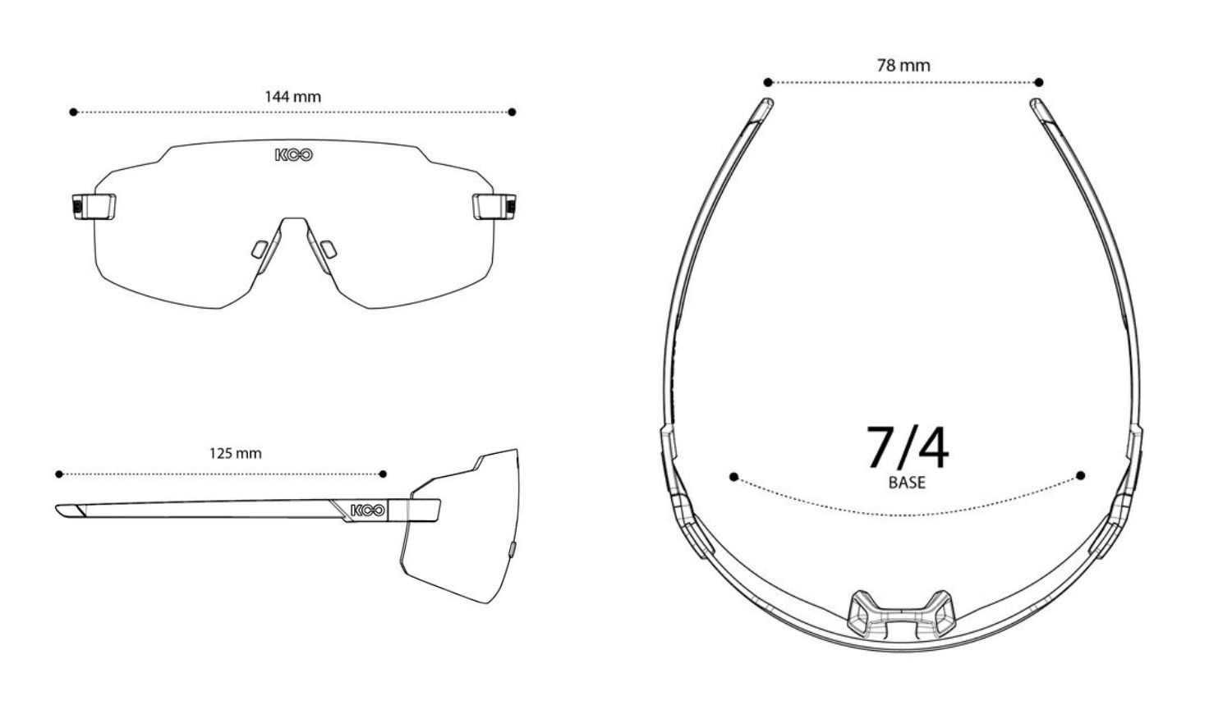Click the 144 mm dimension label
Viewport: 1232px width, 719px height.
(292, 97)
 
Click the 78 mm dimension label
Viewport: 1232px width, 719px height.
(903, 66)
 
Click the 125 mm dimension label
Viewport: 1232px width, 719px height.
(236, 454)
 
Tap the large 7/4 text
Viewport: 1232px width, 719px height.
(908, 447)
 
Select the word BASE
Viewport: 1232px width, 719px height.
(907, 483)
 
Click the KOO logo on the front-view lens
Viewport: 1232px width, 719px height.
(294, 155)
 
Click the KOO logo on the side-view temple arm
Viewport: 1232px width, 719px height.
(368, 511)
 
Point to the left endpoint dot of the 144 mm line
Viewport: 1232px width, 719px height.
(73, 112)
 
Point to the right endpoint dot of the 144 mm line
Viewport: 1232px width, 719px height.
(512, 112)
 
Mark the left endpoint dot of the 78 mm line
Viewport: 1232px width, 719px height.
(768, 82)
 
